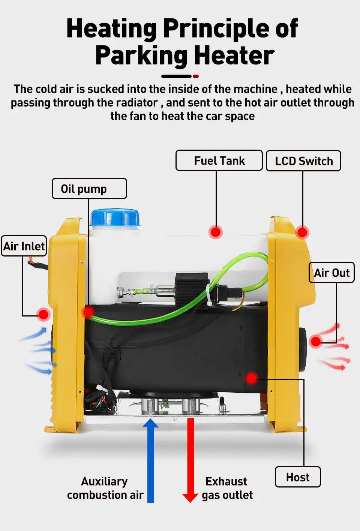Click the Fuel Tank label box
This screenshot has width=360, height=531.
coord(219,160)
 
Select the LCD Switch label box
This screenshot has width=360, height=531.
coord(303,161)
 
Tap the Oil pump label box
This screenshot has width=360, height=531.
coord(89,189)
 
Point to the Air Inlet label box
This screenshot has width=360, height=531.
coord(24,246)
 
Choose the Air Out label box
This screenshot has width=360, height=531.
coord(331,273)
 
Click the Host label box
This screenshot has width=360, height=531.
coord(298,477)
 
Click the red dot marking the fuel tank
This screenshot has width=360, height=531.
coord(216,232)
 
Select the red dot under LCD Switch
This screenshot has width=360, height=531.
coord(302,232)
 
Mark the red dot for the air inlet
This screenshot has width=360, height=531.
coord(44,314)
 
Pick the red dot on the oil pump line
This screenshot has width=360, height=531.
coord(88,312)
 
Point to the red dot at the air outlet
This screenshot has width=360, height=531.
coord(316,341)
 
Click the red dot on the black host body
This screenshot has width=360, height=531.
coord(252,378)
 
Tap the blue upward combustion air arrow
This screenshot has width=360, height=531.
coord(151,461)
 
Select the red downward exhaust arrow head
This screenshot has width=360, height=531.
coord(190,497)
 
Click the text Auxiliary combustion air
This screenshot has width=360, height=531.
coord(105,488)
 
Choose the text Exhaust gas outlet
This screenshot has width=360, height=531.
coord(227,488)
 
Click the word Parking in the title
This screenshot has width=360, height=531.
coord(141,55)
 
